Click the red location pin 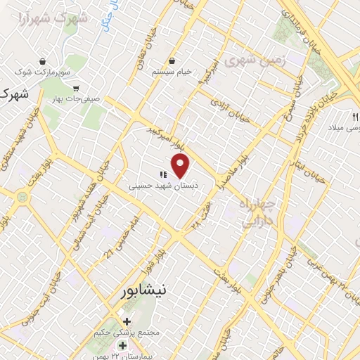[x=181, y=166]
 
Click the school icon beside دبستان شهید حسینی [x=162, y=175]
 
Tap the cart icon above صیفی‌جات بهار [x=75, y=88]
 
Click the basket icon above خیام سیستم [x=172, y=61]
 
